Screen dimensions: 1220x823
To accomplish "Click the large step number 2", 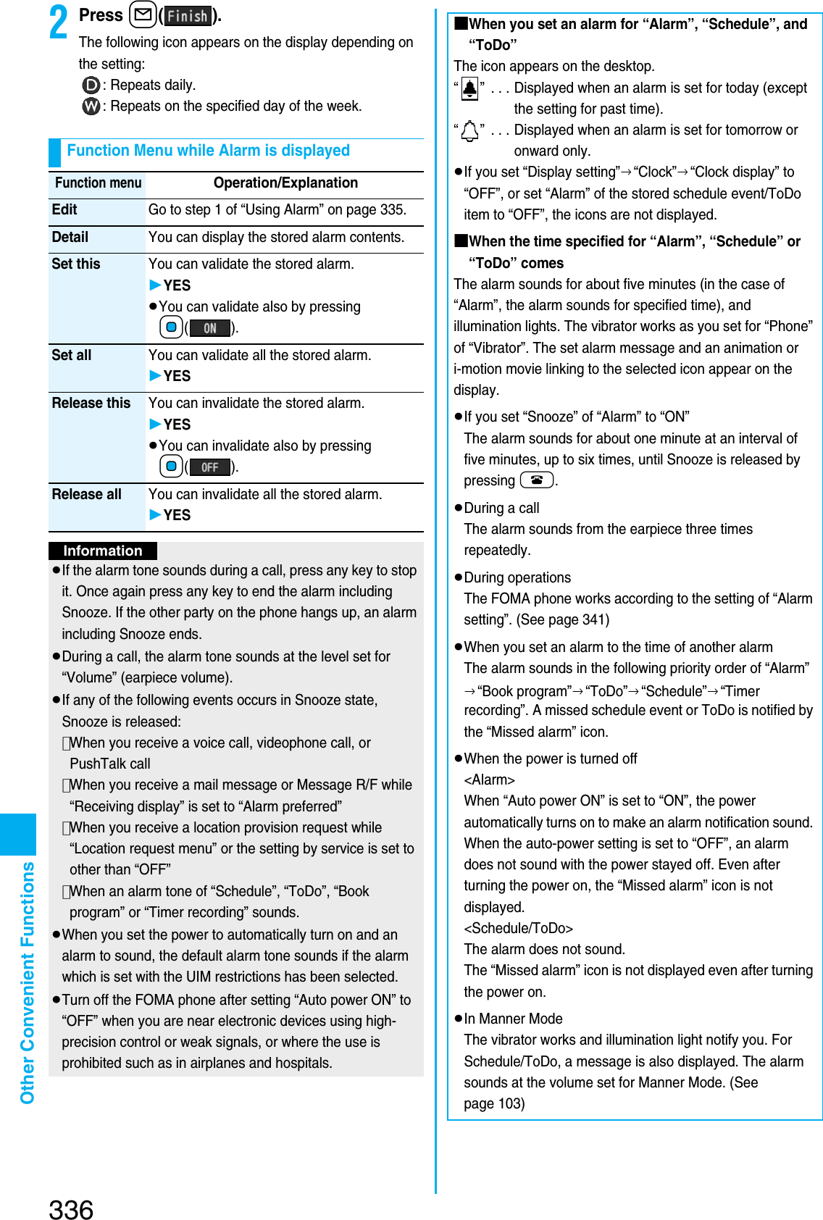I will point(59,22).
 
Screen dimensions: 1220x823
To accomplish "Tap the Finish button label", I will point(188,16).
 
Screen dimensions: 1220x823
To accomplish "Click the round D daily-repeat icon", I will point(91,85).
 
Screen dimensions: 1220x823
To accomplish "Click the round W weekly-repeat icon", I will point(91,106).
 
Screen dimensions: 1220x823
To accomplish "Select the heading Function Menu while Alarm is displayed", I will point(208,151).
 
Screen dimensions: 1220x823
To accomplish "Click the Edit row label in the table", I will point(64,210).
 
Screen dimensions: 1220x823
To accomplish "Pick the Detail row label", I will point(70,238).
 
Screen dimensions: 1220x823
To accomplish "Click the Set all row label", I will point(72,355).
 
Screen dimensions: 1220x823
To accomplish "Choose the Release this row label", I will point(91,403).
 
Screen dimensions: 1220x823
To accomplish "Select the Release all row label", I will point(87,494).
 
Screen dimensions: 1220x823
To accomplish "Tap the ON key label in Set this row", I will point(210,328).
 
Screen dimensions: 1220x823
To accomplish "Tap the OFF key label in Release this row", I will point(210,467).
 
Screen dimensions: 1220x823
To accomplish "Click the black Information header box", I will point(103,551).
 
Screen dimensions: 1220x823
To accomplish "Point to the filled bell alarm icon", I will point(469,89).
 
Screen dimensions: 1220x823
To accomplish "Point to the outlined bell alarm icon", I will point(469,131).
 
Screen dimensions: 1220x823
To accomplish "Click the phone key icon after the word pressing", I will point(536,480).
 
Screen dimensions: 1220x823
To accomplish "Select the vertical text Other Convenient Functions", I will point(28,982).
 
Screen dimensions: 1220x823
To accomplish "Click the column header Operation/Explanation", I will point(285,183).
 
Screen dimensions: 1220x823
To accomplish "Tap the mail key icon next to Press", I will point(143,15).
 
